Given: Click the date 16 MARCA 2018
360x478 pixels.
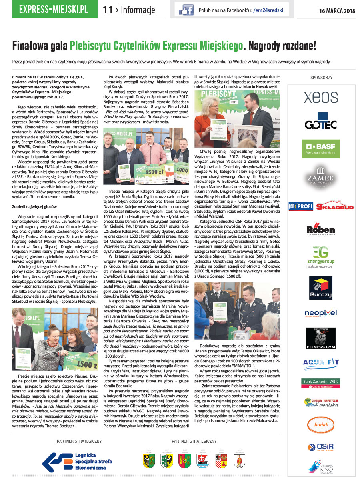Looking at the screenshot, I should pos(337,10).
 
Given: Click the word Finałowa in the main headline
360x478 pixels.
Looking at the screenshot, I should pos(30,46).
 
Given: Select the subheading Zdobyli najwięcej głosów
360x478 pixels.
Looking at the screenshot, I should pos(35,206).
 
